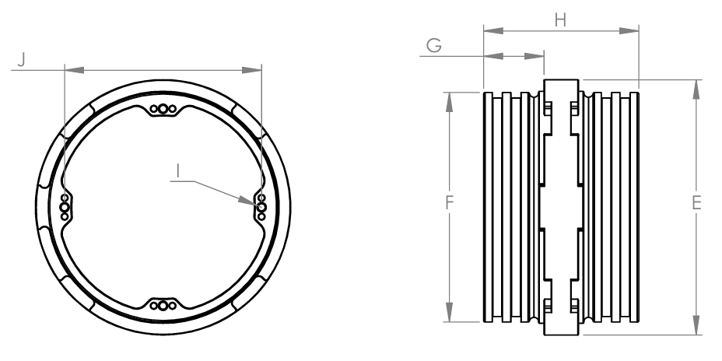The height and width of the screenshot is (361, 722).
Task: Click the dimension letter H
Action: tap(560, 20)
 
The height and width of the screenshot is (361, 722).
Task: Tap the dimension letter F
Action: tap(449, 204)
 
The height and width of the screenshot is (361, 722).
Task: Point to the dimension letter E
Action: tap(696, 204)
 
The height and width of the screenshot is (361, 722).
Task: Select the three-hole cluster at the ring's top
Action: tap(163, 110)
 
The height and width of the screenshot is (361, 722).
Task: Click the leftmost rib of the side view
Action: tap(488, 206)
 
